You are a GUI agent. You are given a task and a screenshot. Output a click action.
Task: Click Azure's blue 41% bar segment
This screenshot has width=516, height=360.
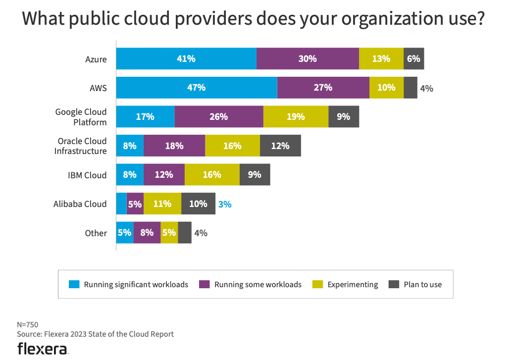tap(186, 59)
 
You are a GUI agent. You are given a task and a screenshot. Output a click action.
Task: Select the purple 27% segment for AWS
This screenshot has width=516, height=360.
tap(323, 88)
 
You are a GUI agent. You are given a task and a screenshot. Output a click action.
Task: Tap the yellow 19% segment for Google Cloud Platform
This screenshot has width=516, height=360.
tap(296, 117)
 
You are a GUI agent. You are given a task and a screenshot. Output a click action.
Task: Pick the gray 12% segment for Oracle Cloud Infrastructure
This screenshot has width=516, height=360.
tap(280, 146)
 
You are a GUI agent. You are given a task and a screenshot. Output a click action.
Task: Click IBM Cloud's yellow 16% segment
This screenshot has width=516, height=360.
tap(212, 175)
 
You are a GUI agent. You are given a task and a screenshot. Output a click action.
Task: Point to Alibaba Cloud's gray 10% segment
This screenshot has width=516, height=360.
tap(198, 204)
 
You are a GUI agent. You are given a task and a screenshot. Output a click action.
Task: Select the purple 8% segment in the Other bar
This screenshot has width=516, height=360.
tap(147, 233)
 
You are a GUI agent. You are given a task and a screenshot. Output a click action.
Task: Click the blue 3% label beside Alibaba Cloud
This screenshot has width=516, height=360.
tap(225, 204)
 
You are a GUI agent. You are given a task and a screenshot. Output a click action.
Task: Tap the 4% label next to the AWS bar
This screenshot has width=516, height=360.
tap(426, 89)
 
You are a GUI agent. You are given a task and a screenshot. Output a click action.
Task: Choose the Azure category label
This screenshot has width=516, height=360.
tap(96, 59)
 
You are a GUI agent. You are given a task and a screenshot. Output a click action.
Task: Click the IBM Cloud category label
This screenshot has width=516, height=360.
tap(87, 175)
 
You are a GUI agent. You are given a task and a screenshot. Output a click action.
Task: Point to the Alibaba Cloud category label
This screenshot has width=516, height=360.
tap(80, 204)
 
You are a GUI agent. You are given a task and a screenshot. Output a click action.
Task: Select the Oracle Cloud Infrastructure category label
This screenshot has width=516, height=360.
tap(81, 146)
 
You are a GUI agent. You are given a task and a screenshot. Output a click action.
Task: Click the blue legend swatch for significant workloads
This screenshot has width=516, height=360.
tap(74, 284)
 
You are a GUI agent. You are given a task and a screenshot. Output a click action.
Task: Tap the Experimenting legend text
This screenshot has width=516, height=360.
tap(353, 285)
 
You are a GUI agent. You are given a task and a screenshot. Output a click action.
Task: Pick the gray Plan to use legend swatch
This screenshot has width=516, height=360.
tap(394, 284)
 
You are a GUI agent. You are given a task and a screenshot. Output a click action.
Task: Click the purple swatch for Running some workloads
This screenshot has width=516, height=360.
tap(204, 284)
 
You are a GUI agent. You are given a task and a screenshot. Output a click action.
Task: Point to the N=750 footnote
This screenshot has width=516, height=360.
tap(28, 325)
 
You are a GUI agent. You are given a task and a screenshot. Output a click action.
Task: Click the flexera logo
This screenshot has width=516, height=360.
tap(43, 348)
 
